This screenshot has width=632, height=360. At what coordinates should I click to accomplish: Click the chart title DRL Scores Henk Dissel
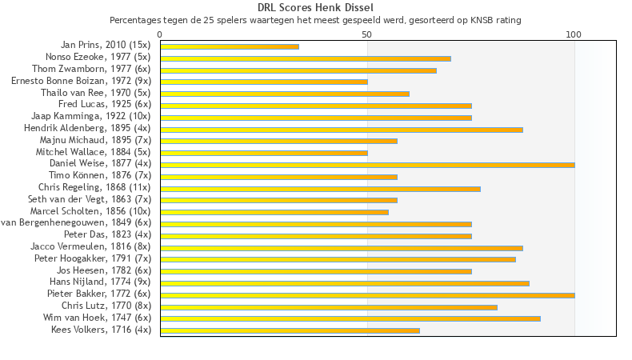coord(315,7)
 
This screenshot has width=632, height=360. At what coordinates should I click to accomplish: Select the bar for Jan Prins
coord(230,46)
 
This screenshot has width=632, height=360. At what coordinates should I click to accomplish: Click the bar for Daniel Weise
coord(367,165)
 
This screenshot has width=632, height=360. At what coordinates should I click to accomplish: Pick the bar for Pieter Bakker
coord(367,295)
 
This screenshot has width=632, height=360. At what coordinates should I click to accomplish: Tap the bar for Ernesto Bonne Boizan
coord(264,82)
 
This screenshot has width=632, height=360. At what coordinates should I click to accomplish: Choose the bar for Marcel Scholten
coord(274,212)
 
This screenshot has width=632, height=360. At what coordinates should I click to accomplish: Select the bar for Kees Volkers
coord(290,330)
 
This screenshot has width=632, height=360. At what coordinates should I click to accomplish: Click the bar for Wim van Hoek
coord(350,318)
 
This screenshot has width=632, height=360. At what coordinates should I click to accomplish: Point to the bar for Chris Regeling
coord(320,189)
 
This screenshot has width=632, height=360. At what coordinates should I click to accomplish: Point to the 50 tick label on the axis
coord(367,34)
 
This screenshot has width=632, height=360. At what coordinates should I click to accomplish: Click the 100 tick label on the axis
coord(574,34)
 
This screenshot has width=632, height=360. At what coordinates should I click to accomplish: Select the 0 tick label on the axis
coord(160,34)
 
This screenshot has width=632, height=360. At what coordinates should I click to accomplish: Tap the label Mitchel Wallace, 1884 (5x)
coord(93,152)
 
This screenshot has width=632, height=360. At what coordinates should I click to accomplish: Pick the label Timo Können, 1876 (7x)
coord(100,175)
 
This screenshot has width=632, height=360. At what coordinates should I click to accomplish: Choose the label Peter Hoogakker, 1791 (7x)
coord(93,258)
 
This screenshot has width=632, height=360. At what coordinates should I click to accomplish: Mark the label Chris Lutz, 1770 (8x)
coord(106,306)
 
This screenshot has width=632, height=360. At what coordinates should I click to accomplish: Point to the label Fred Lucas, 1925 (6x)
coord(105,104)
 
